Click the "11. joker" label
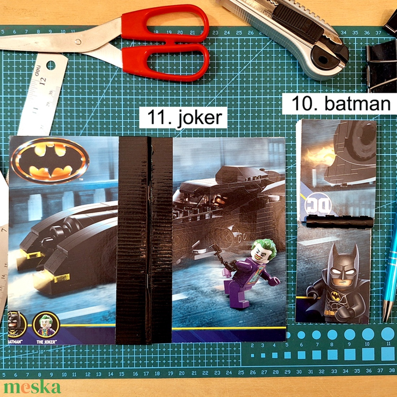coord(183,118)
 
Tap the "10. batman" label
coord(341,104)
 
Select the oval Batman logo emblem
coord(50,160)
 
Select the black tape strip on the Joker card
coord(144,240)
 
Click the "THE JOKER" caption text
coord(45,342)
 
